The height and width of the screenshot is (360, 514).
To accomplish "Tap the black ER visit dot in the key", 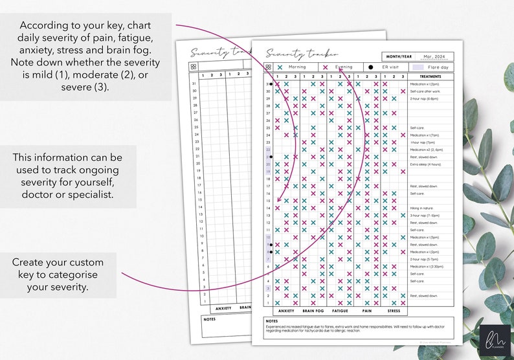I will [370, 67].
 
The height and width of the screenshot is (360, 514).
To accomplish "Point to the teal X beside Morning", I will [280, 67].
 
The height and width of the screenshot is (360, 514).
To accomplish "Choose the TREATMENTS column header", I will [430, 76].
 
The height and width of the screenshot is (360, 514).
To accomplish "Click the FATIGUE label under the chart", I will [340, 310].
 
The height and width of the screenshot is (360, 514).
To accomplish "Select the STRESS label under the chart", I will [394, 310].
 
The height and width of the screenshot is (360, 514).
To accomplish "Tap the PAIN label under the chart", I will [367, 310].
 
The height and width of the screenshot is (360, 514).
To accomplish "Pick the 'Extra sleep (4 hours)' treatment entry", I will [423, 164].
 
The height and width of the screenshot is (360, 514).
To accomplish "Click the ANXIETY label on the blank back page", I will [223, 308].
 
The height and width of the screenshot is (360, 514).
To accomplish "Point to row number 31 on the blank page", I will [194, 84].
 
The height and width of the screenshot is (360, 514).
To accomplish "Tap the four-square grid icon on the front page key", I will [268, 67].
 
